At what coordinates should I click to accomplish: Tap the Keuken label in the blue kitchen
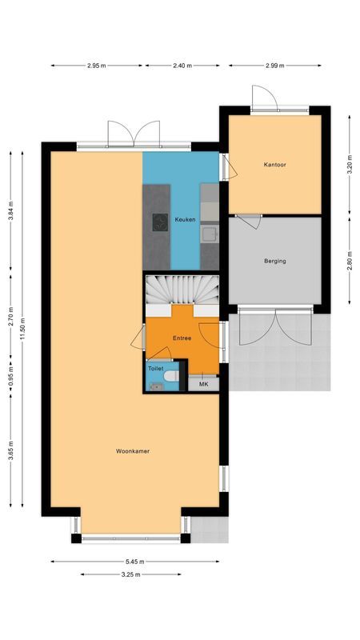click(x=186, y=218)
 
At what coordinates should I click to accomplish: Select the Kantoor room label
click(x=275, y=166)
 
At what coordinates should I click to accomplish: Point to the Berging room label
click(x=275, y=261)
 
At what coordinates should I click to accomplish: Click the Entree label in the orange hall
click(x=182, y=338)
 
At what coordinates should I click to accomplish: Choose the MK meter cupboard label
click(x=204, y=384)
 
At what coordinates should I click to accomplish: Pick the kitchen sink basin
click(x=209, y=234)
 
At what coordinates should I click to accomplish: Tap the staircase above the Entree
click(x=182, y=289)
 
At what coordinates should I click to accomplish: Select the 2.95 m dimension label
click(x=98, y=66)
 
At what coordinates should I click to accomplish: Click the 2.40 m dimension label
click(x=182, y=66)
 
